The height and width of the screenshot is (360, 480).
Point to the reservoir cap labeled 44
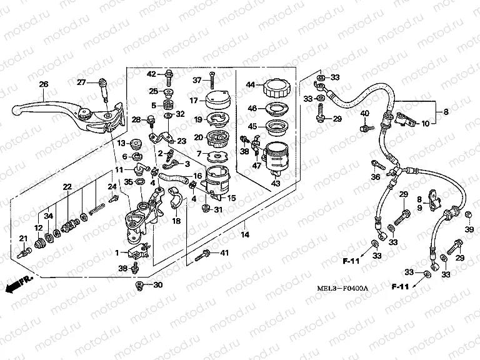275,87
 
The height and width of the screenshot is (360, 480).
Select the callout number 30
157,286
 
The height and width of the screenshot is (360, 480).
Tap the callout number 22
67,186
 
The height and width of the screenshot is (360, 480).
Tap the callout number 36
374,177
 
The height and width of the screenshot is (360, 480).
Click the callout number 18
176,221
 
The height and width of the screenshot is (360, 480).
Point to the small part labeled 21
24,252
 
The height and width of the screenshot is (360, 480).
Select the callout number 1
117,252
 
